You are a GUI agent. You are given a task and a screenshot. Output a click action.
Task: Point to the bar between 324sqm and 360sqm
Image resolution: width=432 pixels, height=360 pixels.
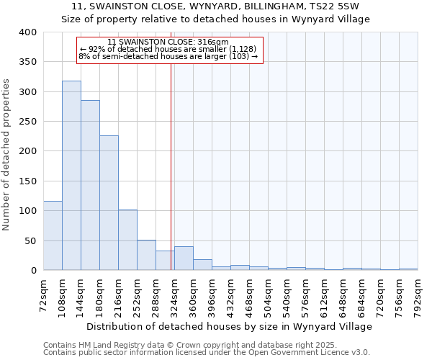point(184,258)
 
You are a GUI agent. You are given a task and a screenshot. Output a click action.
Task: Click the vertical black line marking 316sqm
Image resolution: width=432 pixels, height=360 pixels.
point(171,166)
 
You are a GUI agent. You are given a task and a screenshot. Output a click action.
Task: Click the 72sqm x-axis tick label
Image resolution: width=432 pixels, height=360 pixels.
point(43,294)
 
